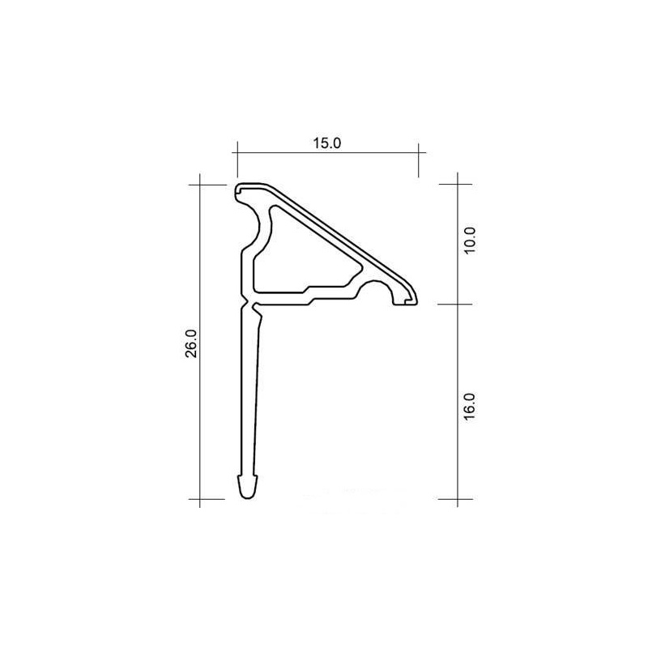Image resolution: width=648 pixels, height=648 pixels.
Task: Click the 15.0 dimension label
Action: [x=326, y=143]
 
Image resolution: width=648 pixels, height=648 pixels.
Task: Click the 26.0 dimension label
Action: [x=192, y=343]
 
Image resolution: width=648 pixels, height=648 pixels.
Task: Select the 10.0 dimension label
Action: [x=470, y=241]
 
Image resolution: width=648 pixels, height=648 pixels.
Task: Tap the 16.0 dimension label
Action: [x=470, y=407]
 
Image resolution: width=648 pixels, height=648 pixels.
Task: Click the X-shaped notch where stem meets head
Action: [x=247, y=303]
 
